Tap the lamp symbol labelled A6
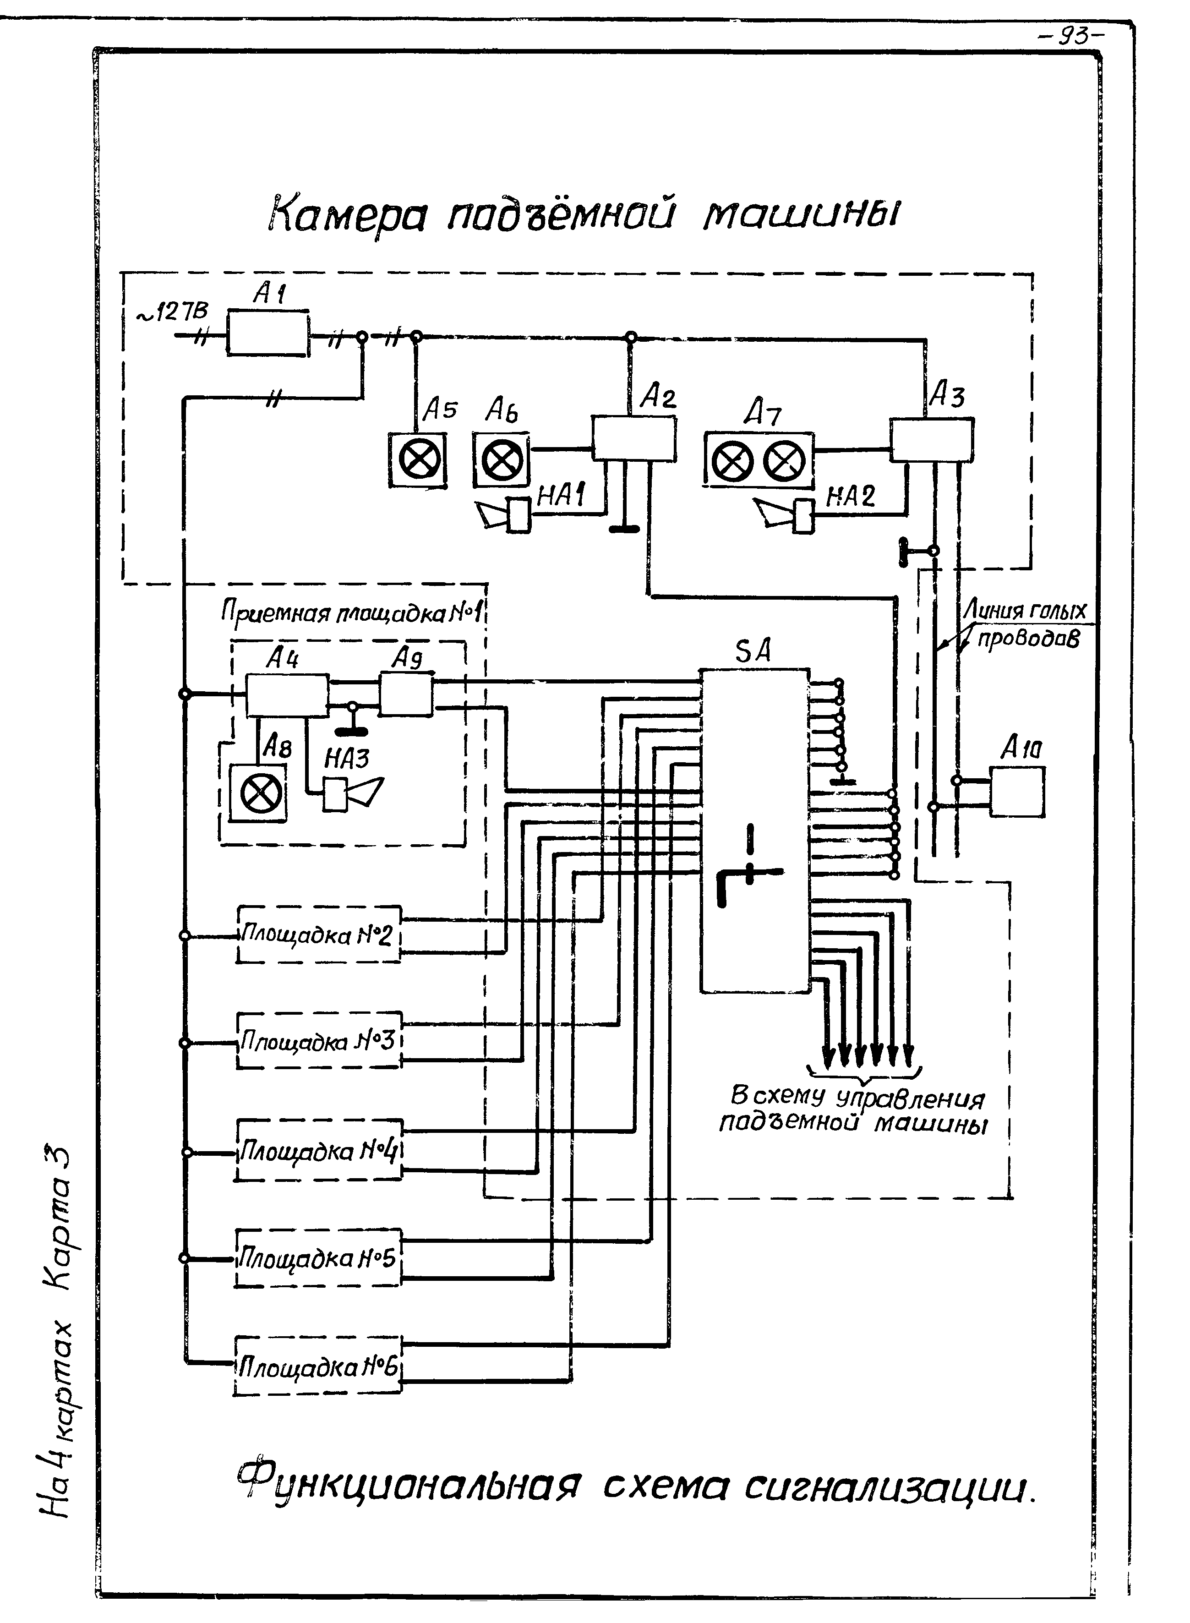click(501, 459)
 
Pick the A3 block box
click(931, 440)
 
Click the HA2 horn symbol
click(785, 515)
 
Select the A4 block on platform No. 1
click(287, 695)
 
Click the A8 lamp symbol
click(258, 794)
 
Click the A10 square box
click(1016, 791)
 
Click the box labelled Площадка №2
click(318, 935)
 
